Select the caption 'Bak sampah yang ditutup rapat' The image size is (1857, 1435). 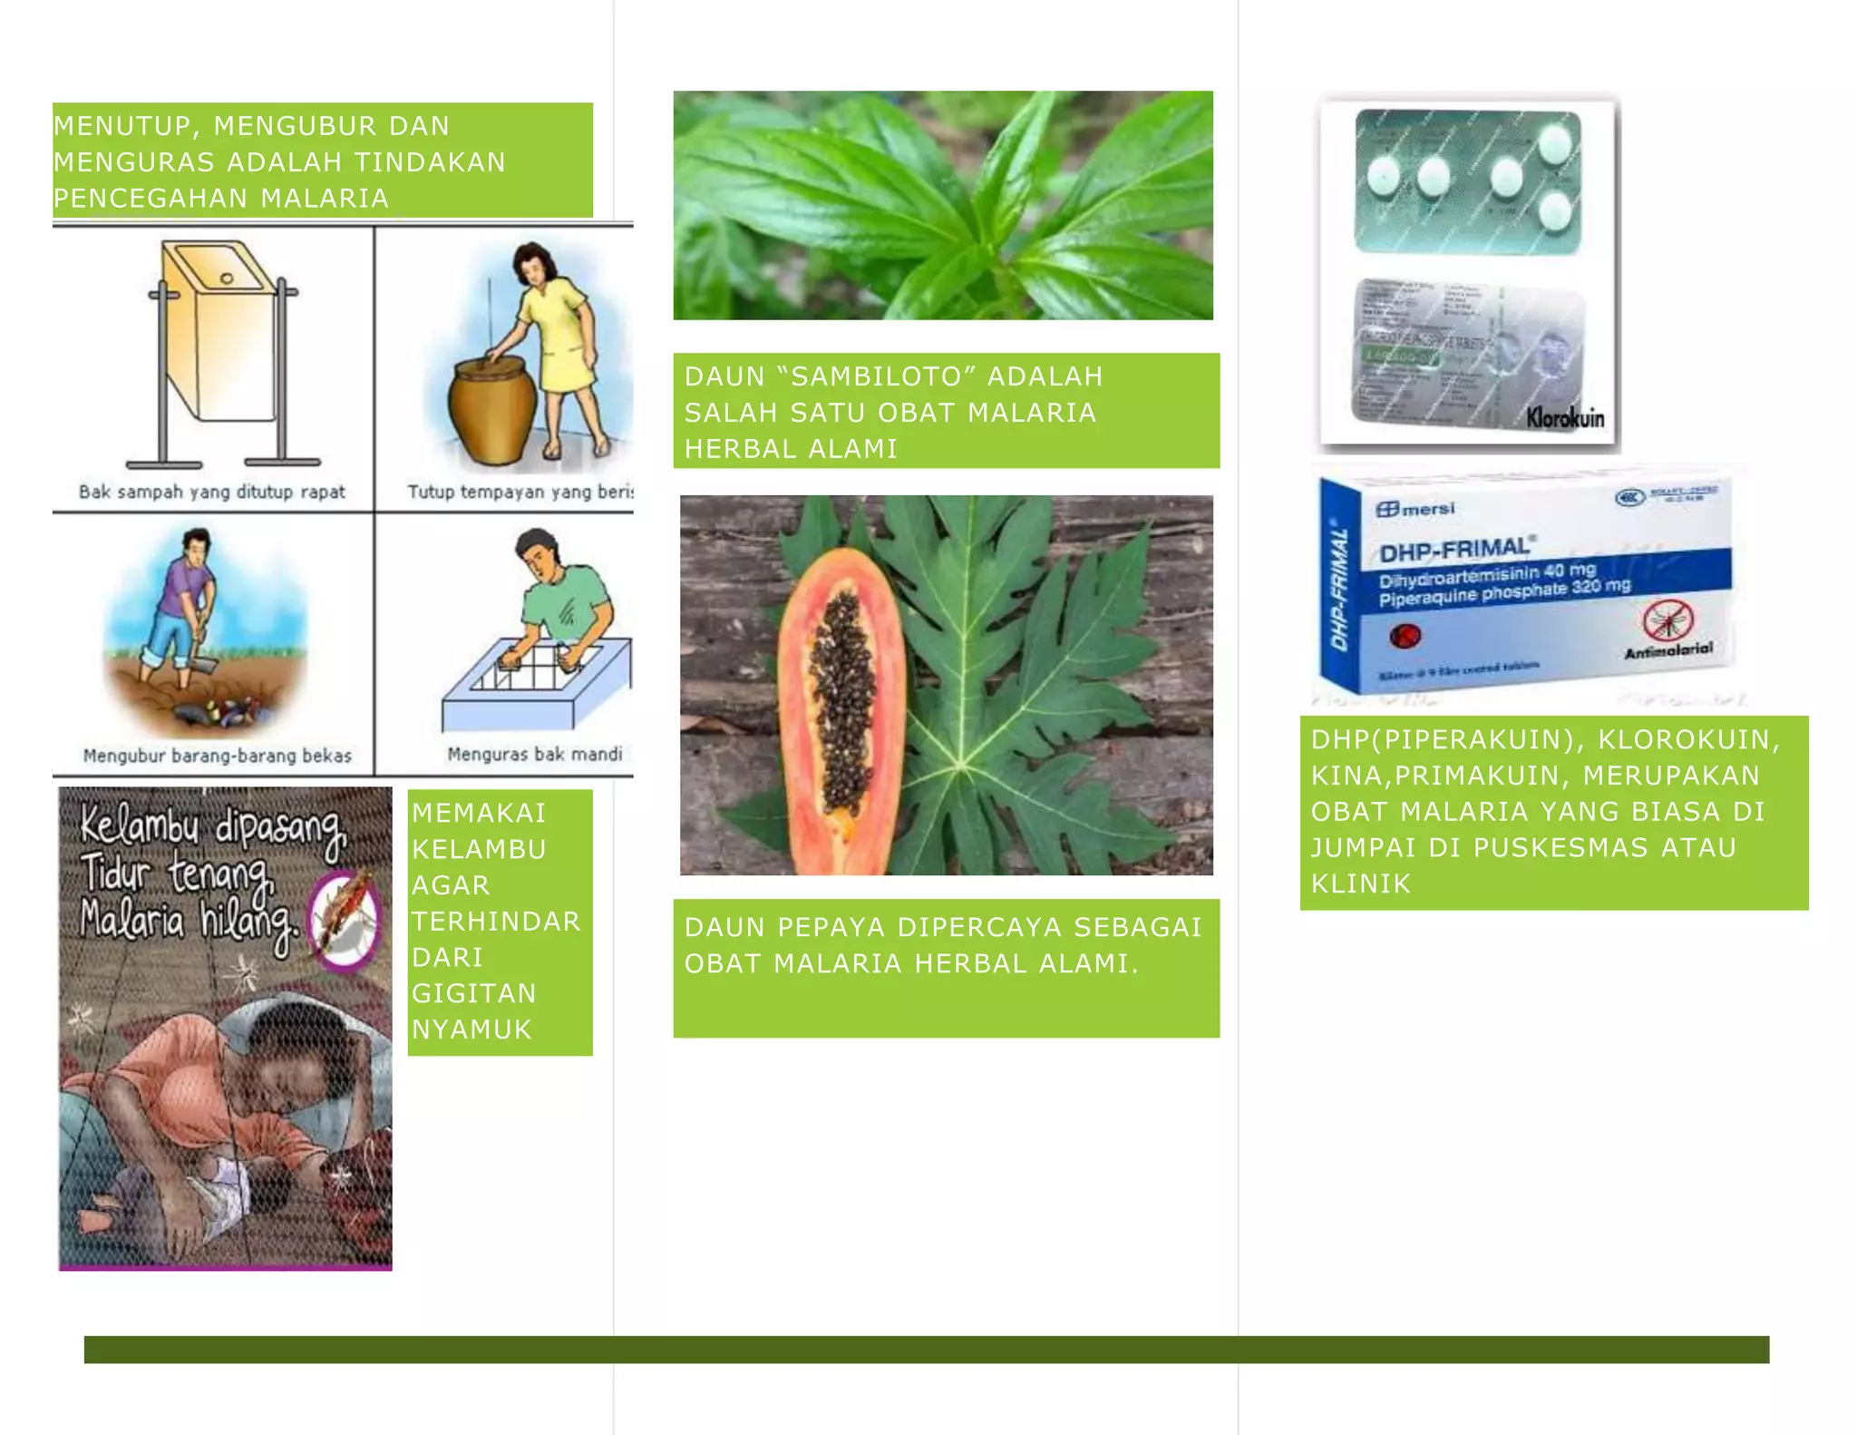[x=212, y=493]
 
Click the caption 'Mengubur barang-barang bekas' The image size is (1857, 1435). [x=217, y=756]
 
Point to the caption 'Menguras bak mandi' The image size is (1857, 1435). [x=534, y=754]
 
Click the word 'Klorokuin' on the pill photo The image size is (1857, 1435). [x=1565, y=418]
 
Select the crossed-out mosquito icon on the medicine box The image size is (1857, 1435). [x=1667, y=622]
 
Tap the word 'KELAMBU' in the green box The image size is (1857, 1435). [x=479, y=849]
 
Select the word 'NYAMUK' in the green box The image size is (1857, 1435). [x=472, y=1030]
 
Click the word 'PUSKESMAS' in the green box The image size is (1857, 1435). [x=1560, y=847]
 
